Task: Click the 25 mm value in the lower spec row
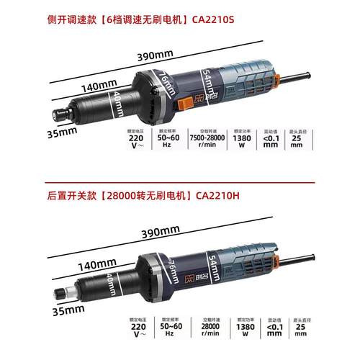click(x=297, y=328)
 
